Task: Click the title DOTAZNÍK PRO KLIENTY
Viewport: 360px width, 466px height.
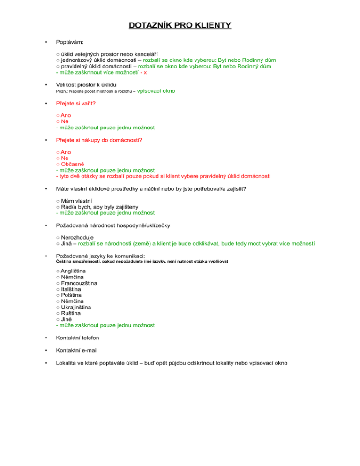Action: click(x=180, y=24)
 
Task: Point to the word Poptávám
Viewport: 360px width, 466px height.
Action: click(x=69, y=43)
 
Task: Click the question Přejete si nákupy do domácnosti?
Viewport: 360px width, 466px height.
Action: click(x=98, y=140)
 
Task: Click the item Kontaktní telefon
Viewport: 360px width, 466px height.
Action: click(x=77, y=338)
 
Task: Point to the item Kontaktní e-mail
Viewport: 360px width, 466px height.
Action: click(x=76, y=350)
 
